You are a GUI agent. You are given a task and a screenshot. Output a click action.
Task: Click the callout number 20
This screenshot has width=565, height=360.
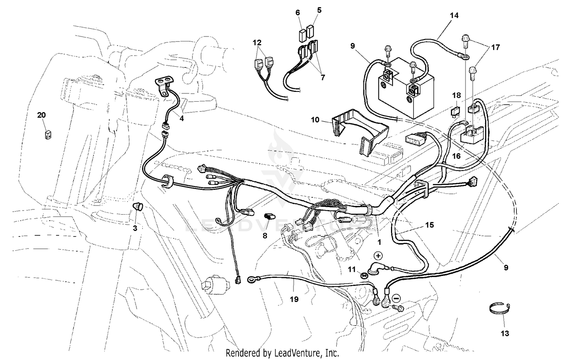[41, 115]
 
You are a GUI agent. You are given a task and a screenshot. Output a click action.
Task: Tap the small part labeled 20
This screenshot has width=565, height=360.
[47, 135]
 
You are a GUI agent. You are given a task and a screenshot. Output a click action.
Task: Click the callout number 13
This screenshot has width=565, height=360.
[505, 333]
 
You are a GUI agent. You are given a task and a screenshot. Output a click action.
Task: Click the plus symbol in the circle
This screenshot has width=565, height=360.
[378, 256]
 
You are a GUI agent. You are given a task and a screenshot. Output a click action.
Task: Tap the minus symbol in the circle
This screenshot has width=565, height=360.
[396, 298]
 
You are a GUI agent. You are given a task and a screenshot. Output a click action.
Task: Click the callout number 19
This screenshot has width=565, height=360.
[294, 299]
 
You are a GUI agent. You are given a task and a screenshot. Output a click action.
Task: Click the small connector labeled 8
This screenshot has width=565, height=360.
[269, 217]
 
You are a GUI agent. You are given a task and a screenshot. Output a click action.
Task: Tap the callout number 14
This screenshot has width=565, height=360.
[454, 15]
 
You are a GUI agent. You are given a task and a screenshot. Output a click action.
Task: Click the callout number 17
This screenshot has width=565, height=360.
[495, 47]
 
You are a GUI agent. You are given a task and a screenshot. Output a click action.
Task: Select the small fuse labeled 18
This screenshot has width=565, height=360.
[455, 112]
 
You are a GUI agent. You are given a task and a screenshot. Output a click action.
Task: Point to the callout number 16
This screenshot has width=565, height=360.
[456, 156]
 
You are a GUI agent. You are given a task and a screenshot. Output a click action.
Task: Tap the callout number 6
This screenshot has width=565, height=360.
[298, 12]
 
